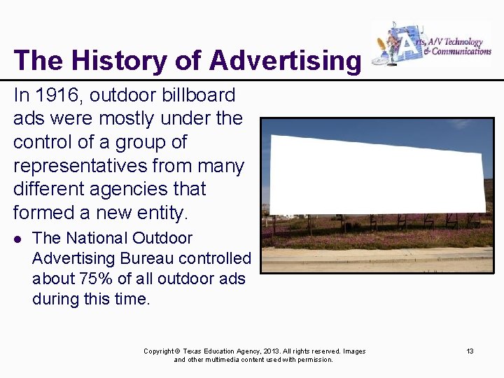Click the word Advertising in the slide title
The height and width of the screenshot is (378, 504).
285,61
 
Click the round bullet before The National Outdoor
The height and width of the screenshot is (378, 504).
18,239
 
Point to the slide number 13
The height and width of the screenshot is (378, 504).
470,351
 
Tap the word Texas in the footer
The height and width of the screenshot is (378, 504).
195,351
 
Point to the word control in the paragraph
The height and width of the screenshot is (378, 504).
45,142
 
